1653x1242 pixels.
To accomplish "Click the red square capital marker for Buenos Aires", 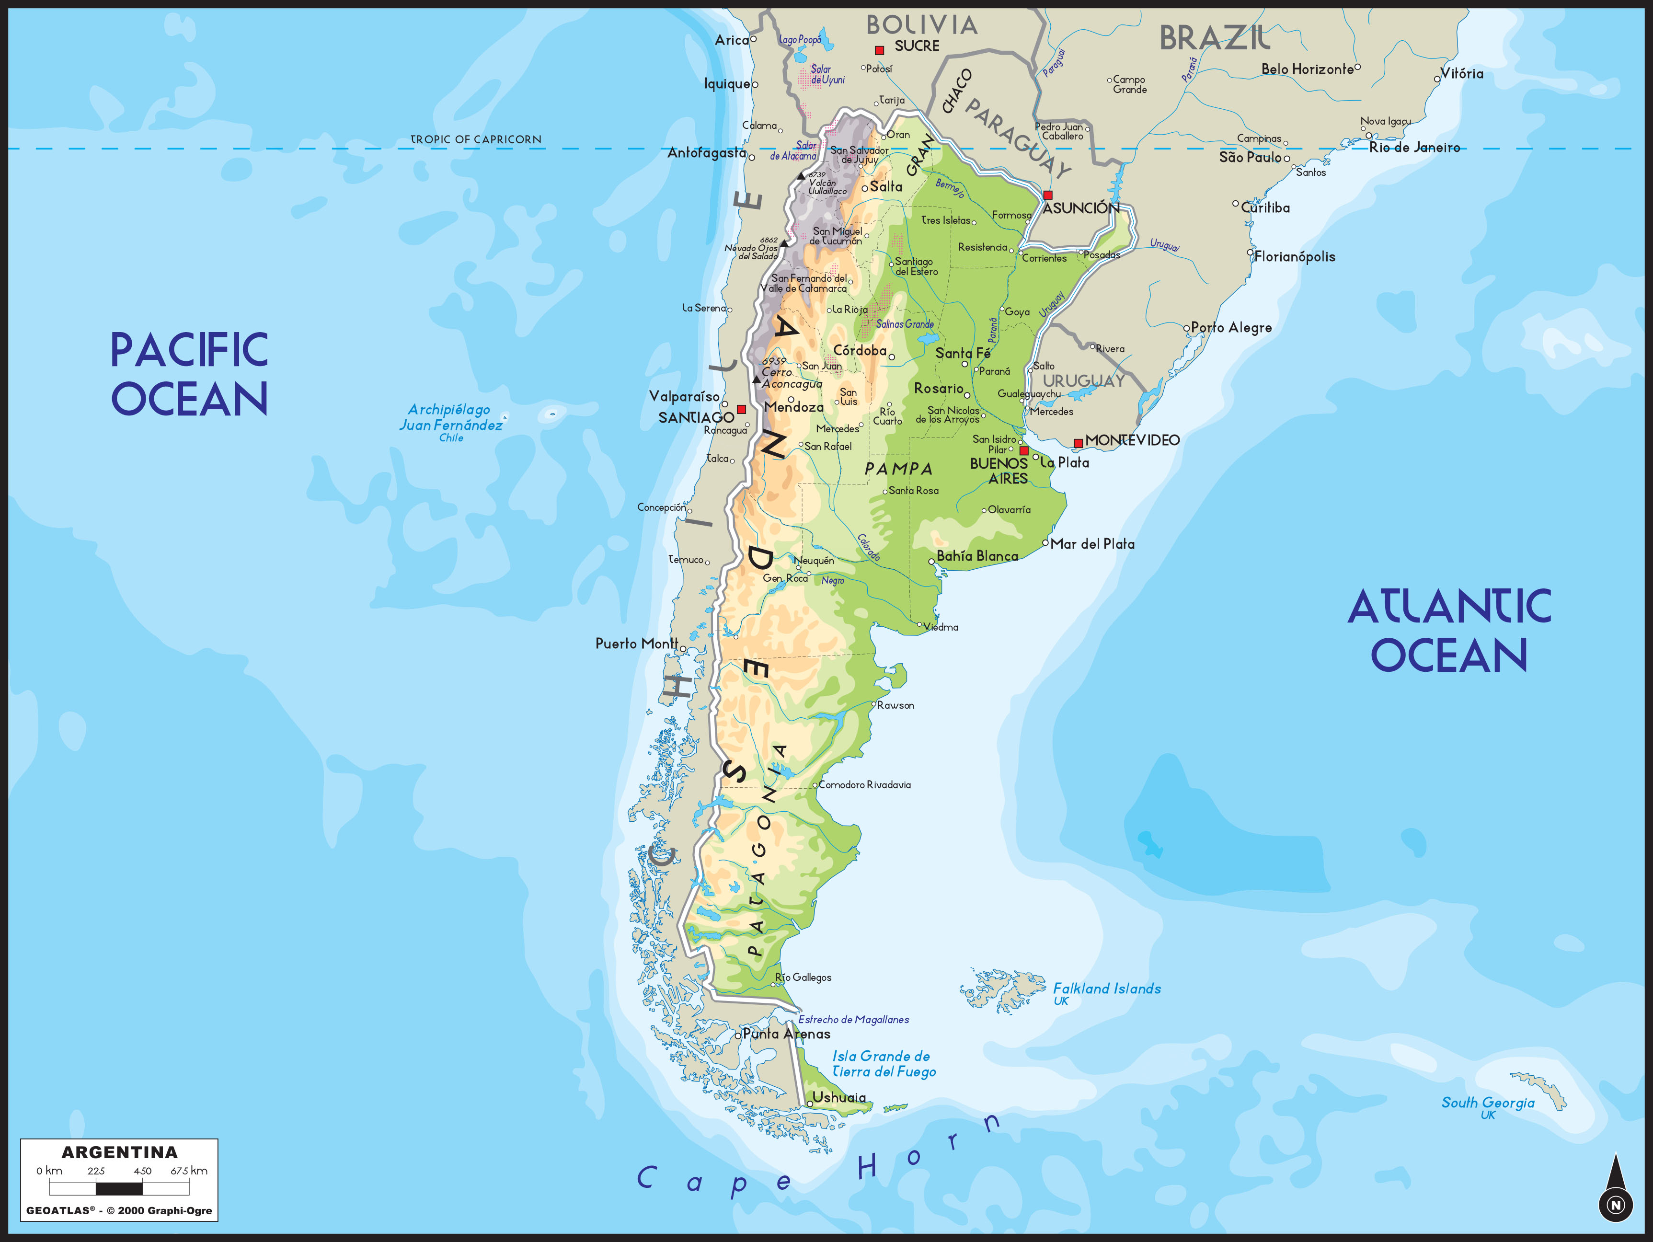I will pyautogui.click(x=1024, y=450).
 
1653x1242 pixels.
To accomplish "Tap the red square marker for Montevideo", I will pyautogui.click(x=1078, y=443).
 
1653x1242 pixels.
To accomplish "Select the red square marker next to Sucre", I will pyautogui.click(x=880, y=50).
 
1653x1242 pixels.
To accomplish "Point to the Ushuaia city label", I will pyautogui.click(x=839, y=1097).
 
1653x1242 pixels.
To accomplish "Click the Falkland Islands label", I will pyautogui.click(x=1107, y=989).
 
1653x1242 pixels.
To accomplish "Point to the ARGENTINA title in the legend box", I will pyautogui.click(x=120, y=1152).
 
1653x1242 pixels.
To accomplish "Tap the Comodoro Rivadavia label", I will pyautogui.click(x=865, y=785).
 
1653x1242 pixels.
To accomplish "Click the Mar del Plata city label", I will pyautogui.click(x=1092, y=544).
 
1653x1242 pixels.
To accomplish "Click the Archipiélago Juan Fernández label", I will pyautogui.click(x=450, y=418).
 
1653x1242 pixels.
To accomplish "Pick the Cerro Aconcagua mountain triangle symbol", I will pyautogui.click(x=756, y=379).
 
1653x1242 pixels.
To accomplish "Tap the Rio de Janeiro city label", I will pyautogui.click(x=1414, y=147).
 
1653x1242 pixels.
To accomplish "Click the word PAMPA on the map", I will pyautogui.click(x=899, y=469).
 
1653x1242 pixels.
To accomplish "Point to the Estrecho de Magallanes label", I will pyautogui.click(x=853, y=1019).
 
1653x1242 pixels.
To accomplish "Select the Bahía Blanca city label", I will pyautogui.click(x=976, y=556).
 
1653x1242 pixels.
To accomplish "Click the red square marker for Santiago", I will pyautogui.click(x=741, y=410).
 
